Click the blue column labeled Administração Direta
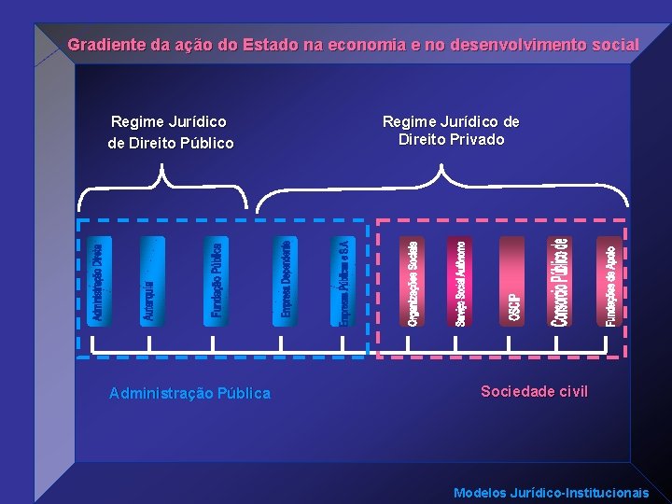coord(98,281)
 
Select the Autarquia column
coord(150,281)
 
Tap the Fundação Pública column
coord(216,281)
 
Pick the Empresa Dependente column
coord(285,281)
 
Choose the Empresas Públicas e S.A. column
coord(343,281)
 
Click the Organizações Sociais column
coord(413,281)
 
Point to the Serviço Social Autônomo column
coord(461,281)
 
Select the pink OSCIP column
coord(512,281)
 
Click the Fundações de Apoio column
coord(609,281)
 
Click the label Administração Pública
coord(189,393)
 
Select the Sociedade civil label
coord(534,391)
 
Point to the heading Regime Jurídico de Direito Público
coord(170,132)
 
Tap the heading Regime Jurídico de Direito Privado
coord(451,131)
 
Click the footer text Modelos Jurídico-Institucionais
coord(551,492)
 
